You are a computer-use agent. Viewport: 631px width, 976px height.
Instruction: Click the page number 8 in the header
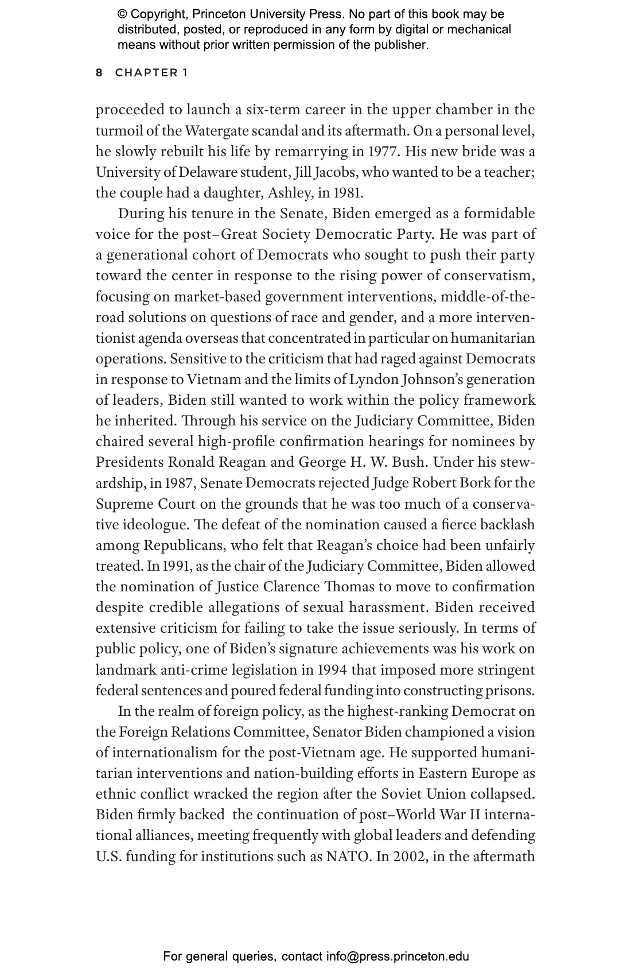[x=99, y=73]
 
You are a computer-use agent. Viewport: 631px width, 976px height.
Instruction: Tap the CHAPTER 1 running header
[x=151, y=73]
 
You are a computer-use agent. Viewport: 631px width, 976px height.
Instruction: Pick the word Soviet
[x=401, y=794]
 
